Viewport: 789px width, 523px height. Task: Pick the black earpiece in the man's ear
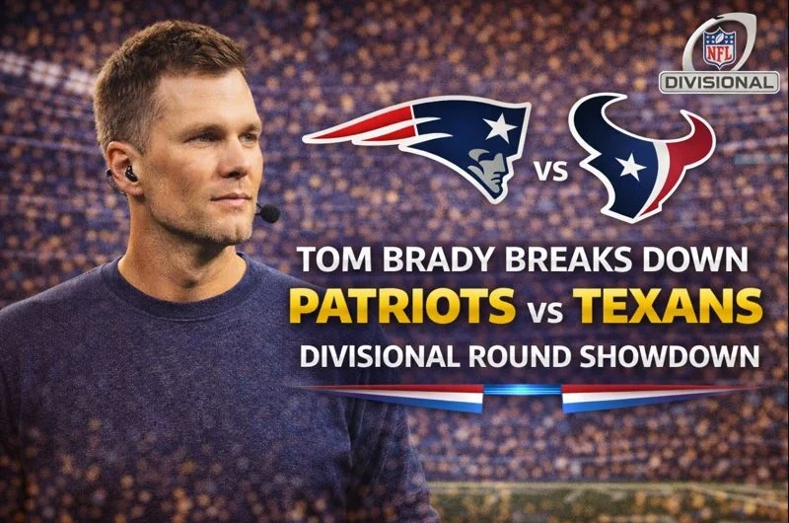[130, 175]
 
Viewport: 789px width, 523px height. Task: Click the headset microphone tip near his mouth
[267, 213]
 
